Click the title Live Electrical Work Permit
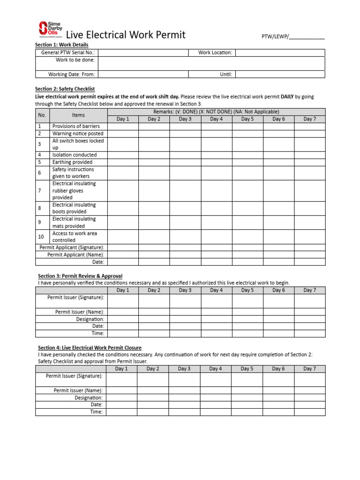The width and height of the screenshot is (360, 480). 126,35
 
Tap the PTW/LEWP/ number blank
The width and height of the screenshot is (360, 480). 307,37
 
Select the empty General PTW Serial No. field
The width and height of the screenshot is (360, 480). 143,53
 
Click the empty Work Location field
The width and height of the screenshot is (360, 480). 280,53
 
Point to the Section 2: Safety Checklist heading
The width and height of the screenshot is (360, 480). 65,89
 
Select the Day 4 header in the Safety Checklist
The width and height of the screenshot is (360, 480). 217,119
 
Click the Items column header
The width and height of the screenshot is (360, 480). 78,115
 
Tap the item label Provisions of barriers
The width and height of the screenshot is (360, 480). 76,126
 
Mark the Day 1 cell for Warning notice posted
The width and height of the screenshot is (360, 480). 123,134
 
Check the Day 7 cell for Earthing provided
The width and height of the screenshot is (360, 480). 309,162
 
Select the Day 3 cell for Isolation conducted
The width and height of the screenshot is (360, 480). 185,155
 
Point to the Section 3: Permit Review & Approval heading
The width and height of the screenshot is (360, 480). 80,276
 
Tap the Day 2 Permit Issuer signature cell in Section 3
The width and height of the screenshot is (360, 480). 154,301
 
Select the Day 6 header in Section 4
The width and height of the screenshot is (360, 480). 278,369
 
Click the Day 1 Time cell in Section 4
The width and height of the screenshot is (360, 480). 121,412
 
